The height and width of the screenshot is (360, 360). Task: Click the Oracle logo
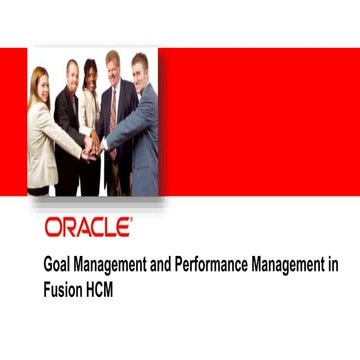[87, 228]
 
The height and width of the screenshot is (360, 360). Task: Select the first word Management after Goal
[117, 266]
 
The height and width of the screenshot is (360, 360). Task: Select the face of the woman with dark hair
[90, 76]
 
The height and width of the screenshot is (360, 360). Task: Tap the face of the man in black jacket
[72, 72]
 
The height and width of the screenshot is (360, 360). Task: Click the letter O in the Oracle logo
[52, 228]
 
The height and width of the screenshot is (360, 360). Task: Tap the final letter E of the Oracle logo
[123, 228]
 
